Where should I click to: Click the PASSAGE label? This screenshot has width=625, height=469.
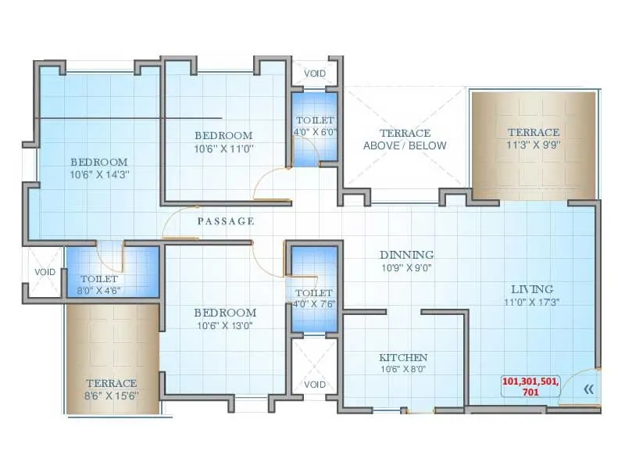click(x=226, y=221)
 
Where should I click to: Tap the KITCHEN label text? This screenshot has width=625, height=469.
click(x=403, y=357)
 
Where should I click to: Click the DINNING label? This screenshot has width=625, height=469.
click(x=406, y=255)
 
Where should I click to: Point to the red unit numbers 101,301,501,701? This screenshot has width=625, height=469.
click(x=530, y=386)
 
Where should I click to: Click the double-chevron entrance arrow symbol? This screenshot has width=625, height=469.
click(x=588, y=388)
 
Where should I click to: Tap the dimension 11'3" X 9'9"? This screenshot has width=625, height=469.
click(x=534, y=145)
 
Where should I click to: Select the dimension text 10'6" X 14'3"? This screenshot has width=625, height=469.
click(x=98, y=174)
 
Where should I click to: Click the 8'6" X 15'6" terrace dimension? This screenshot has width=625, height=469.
click(x=111, y=396)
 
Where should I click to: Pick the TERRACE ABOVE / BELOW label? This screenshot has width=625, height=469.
click(x=405, y=139)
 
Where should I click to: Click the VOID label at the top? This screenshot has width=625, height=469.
click(x=315, y=73)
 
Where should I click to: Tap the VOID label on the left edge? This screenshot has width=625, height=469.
click(x=44, y=272)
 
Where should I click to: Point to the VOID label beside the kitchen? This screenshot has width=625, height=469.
click(x=315, y=385)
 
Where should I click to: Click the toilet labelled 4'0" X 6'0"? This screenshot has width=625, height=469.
click(x=315, y=126)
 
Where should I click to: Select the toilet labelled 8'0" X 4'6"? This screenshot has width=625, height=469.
click(x=99, y=285)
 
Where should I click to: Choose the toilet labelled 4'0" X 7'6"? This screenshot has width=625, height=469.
click(x=315, y=299)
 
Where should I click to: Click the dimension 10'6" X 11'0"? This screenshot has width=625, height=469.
click(x=224, y=148)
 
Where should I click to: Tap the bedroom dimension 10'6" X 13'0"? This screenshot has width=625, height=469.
click(x=224, y=325)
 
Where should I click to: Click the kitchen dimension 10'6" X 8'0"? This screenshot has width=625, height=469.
click(x=403, y=369)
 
